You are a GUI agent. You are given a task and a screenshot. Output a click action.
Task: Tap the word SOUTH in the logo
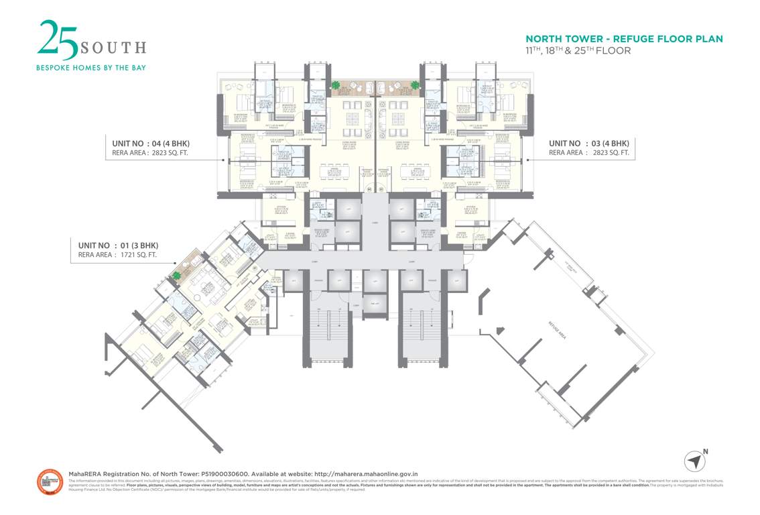pyautogui.click(x=113, y=48)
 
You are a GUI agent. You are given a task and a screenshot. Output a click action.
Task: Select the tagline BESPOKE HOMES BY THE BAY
pyautogui.click(x=90, y=68)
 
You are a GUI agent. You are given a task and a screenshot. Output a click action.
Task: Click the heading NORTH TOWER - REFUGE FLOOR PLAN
pyautogui.click(x=624, y=39)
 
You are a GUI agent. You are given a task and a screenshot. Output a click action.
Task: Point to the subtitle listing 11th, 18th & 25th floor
pyautogui.click(x=578, y=50)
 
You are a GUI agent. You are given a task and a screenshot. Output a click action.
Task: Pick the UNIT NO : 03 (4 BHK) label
pyautogui.click(x=589, y=143)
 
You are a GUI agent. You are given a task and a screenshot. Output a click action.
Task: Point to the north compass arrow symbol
pyautogui.click(x=695, y=461)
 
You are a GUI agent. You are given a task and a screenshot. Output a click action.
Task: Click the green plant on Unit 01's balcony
pyautogui.click(x=177, y=275)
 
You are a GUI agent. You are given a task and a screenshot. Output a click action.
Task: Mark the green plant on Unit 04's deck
pyautogui.click(x=334, y=85)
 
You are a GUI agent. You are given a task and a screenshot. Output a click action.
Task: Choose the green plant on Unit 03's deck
pyautogui.click(x=415, y=85)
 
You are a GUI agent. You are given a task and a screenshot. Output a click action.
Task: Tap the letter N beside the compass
pyautogui.click(x=705, y=451)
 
